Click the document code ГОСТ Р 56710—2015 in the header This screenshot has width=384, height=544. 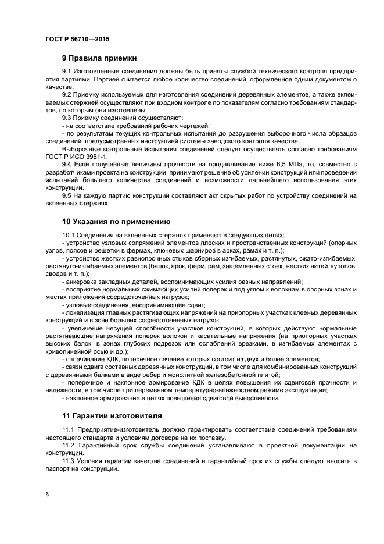[x=77, y=39]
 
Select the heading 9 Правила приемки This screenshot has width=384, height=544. [x=99, y=58]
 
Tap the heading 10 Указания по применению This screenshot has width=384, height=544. [x=116, y=221]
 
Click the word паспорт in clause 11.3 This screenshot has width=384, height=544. [x=58, y=469]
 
